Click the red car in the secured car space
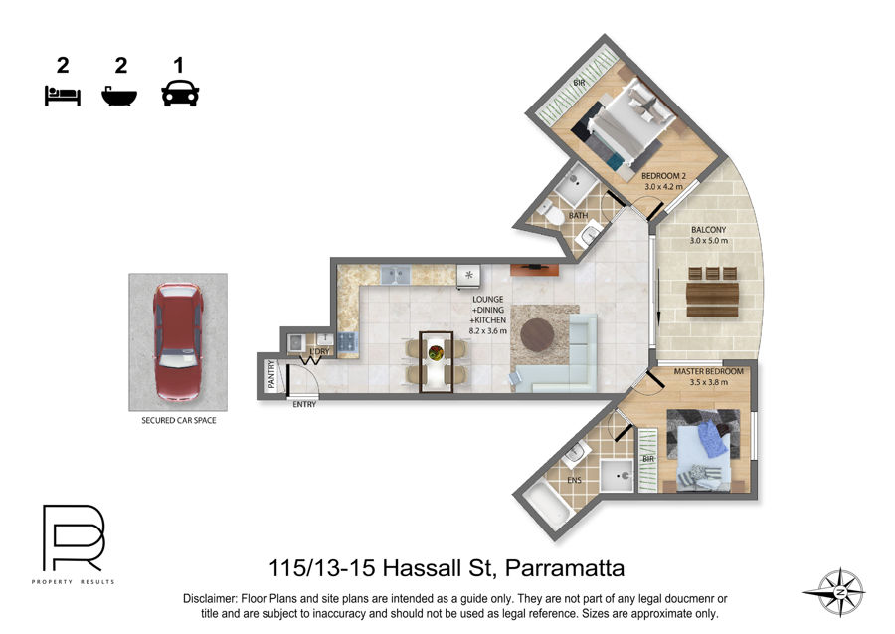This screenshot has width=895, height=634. (178, 341)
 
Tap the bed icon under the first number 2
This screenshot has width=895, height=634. (63, 96)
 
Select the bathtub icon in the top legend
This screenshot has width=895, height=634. (119, 96)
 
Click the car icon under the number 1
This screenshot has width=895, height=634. (180, 94)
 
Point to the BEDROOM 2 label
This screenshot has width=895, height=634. (663, 176)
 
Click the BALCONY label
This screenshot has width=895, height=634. (708, 230)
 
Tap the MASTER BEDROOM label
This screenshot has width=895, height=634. (708, 371)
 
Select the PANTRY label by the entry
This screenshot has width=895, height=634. (271, 374)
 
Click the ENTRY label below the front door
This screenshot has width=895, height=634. (304, 404)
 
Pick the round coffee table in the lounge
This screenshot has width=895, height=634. (537, 334)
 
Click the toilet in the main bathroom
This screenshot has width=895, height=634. (550, 214)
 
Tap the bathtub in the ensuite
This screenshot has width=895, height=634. (547, 504)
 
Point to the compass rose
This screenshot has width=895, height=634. (839, 593)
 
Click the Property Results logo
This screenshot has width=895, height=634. (73, 543)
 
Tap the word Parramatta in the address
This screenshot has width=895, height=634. (565, 568)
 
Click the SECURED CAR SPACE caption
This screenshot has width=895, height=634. (179, 420)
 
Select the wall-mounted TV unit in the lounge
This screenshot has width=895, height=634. (534, 269)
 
